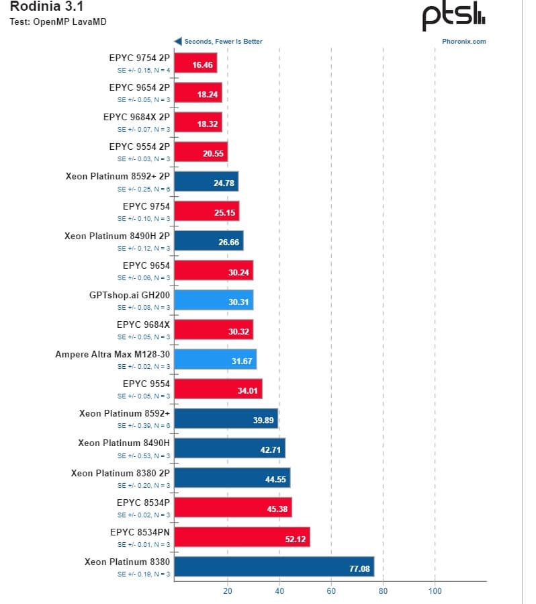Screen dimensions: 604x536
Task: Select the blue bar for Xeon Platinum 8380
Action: click(274, 566)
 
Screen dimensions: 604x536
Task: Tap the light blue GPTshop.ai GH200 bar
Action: click(214, 300)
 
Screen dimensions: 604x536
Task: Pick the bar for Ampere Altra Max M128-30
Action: click(215, 359)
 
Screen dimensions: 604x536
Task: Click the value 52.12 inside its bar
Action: click(296, 538)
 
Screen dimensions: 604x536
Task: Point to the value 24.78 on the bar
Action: click(224, 183)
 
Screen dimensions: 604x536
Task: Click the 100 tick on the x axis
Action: click(435, 591)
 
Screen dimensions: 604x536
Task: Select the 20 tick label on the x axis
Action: click(227, 591)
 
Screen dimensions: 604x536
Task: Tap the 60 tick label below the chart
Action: click(331, 591)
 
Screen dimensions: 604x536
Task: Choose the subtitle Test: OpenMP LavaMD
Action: click(58, 21)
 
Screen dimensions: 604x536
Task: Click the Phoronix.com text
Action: click(463, 41)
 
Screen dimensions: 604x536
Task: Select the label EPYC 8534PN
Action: click(140, 531)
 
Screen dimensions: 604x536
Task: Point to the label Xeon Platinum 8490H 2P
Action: click(117, 236)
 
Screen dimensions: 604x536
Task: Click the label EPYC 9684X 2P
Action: click(136, 116)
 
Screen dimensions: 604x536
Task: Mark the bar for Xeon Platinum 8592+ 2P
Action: click(206, 182)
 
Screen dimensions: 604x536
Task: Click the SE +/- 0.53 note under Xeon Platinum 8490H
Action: click(144, 456)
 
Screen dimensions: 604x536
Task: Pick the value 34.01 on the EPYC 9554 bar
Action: click(249, 390)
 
